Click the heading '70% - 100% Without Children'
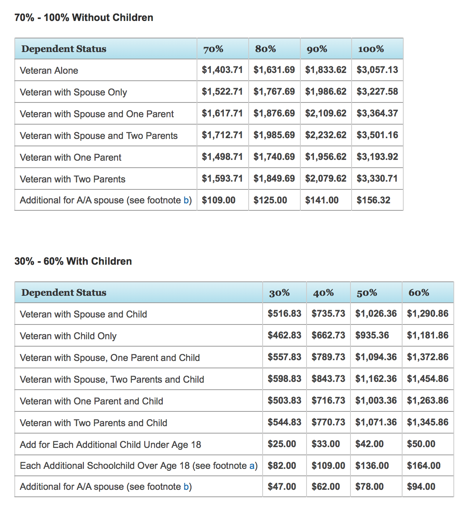coord(84,17)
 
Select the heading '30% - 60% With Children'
coord(73,261)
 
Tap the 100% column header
coord(371,49)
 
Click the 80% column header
coord(265,49)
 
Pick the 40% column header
coord(323,293)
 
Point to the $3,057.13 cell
coord(377,70)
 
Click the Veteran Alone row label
coord(49,71)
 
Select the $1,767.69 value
coord(274,92)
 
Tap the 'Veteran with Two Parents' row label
coord(73,179)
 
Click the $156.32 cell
coord(373,200)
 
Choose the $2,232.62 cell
coord(326,135)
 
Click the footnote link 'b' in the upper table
coord(186,200)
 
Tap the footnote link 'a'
coord(252,466)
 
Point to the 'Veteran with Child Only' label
coord(68,336)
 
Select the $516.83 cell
coord(284,314)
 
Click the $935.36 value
coord(372,335)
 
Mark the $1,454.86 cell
coord(427,379)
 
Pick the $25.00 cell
coord(282,444)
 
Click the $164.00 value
coord(423,466)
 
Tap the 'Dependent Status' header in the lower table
coord(64,293)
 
